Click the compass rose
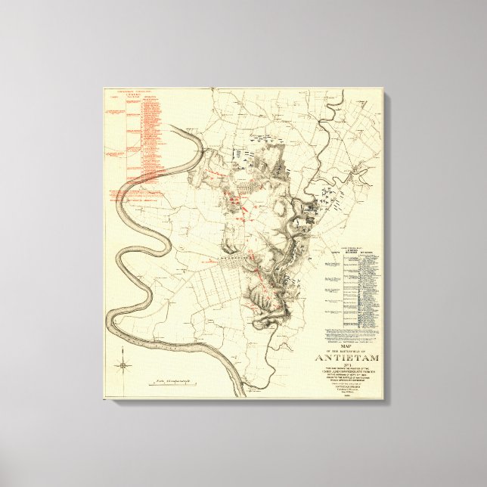123,368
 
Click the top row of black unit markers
262,139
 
